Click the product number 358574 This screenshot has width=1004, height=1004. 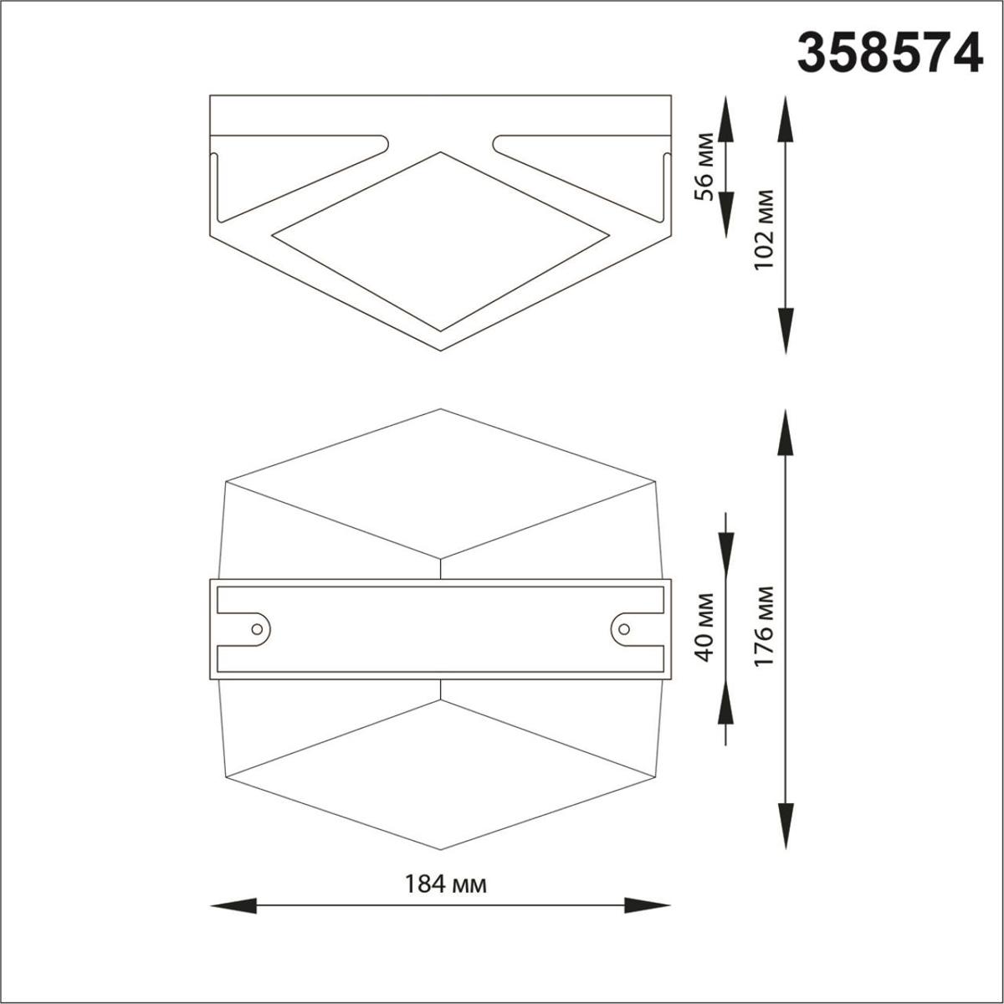[x=889, y=53]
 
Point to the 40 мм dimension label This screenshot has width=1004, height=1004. [x=706, y=627]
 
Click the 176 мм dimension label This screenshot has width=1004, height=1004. [x=763, y=627]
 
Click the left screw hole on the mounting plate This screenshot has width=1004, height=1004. [x=257, y=627]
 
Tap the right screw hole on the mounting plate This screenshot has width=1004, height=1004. [x=623, y=627]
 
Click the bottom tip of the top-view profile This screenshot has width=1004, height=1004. [x=441, y=349]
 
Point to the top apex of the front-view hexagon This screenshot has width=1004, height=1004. [x=441, y=409]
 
